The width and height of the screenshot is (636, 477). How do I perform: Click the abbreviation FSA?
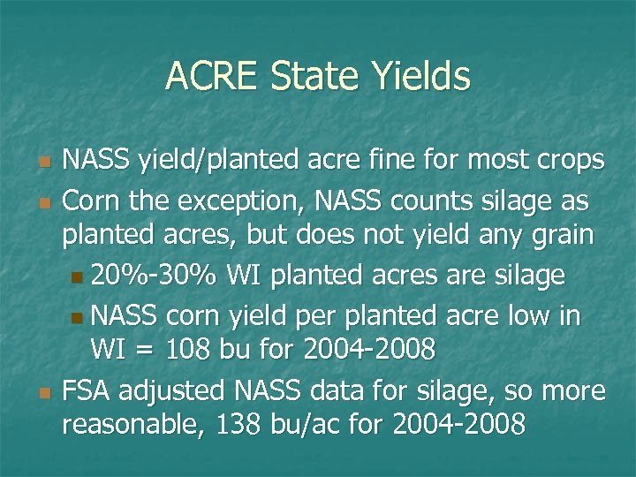88,390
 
